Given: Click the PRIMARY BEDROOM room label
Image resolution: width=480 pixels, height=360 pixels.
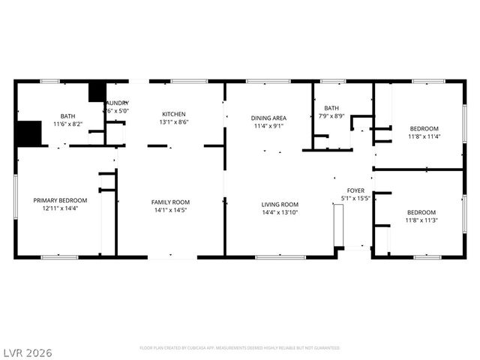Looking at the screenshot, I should (60, 200).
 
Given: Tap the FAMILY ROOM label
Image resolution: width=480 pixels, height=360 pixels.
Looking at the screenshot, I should (170, 202).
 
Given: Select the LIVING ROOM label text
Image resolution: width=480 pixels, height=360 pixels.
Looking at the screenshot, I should (280, 204).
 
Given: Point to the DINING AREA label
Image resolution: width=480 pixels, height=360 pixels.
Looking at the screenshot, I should (268, 118).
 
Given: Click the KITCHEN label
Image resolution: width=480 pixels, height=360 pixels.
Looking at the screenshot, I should (173, 114).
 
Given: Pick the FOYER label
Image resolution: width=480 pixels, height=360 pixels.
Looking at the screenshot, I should (355, 190).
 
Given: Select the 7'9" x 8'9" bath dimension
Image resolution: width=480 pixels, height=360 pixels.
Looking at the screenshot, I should (331, 116).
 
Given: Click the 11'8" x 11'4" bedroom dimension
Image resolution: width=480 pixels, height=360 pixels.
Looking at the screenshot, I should (424, 136).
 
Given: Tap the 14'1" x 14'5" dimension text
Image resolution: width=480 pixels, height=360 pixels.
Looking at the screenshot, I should (170, 210).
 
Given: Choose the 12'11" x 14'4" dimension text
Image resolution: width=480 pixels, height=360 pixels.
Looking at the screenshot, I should (60, 208).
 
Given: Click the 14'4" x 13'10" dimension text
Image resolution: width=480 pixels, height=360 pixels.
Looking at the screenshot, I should (280, 212).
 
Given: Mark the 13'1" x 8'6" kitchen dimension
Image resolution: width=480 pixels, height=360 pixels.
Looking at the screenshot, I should (173, 122).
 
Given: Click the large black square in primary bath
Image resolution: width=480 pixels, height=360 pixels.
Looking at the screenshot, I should (28, 133).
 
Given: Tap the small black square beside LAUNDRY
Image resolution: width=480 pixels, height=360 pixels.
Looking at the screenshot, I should (97, 91).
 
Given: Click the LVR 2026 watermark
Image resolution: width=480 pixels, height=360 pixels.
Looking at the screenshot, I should (27, 352).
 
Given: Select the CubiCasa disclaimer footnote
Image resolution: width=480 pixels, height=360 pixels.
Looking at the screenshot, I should (239, 348).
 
